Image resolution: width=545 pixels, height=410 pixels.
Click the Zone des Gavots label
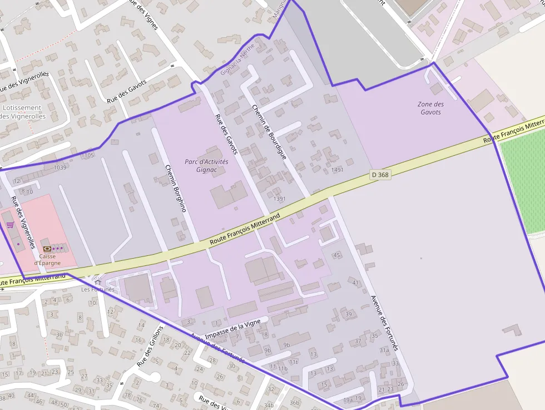pos(430,108)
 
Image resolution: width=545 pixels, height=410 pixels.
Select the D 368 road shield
pos(380,175)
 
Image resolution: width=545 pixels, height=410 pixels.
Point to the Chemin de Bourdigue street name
pos(269,132)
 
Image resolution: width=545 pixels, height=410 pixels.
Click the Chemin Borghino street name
pos(175,188)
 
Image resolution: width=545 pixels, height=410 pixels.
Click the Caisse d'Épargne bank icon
pos(47,248)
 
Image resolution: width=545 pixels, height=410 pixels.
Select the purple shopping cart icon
pos(10,225)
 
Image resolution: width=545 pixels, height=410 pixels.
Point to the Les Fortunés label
pos(97,289)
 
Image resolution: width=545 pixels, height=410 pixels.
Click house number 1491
pos(337,170)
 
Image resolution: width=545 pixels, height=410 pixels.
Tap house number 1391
pos(279,199)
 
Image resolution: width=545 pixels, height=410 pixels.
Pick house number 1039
pos(60,167)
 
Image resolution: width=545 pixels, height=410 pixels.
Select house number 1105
pos(88,155)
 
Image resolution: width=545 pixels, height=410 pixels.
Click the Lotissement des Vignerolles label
pos(22,112)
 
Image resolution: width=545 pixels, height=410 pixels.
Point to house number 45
pos(336,255)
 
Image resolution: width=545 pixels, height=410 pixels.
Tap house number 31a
pos(384,350)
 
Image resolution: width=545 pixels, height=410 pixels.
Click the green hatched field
pos(523,186)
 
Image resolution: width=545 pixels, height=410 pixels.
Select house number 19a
pos(348,399)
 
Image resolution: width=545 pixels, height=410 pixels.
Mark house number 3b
pos(59,334)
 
